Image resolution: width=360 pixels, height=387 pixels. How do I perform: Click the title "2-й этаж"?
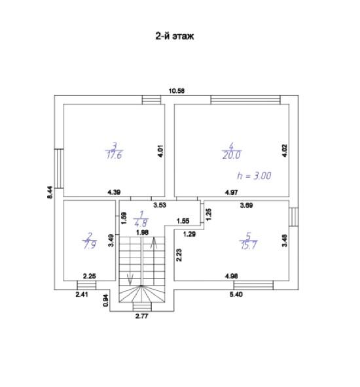pyautogui.click(x=175, y=37)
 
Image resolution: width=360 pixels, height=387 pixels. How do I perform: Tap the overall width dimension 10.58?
pyautogui.click(x=177, y=91)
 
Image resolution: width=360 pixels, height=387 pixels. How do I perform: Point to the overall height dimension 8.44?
pyautogui.click(x=50, y=192)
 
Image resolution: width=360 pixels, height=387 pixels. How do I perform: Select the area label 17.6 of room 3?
pyautogui.click(x=114, y=156)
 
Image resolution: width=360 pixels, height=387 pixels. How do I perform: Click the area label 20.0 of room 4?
pyautogui.click(x=232, y=155)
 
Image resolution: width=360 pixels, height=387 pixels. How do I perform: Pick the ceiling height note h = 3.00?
pyautogui.click(x=254, y=176)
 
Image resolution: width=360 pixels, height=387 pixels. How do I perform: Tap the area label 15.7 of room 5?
pyautogui.click(x=249, y=246)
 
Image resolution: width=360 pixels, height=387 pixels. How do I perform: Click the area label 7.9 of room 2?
pyautogui.click(x=90, y=245)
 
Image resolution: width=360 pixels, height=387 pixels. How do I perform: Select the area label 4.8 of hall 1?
pyautogui.click(x=141, y=223)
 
